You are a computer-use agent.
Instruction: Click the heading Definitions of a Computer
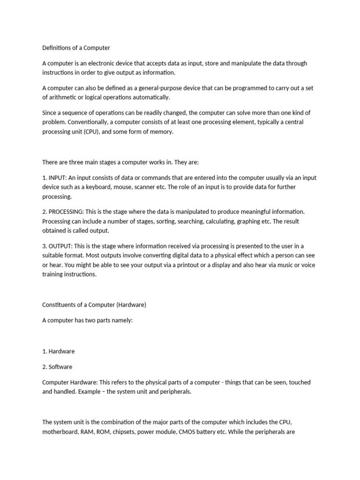(76, 48)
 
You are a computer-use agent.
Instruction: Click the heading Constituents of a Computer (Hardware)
(94, 305)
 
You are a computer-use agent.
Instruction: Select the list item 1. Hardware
(59, 351)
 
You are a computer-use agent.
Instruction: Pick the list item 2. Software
(57, 367)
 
